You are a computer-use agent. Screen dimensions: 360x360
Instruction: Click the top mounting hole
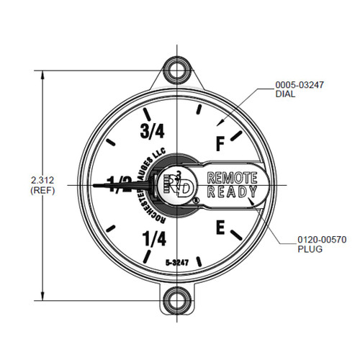[175, 71]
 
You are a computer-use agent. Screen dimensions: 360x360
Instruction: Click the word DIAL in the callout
[284, 94]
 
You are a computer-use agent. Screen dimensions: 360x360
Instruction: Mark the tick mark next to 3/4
[148, 114]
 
